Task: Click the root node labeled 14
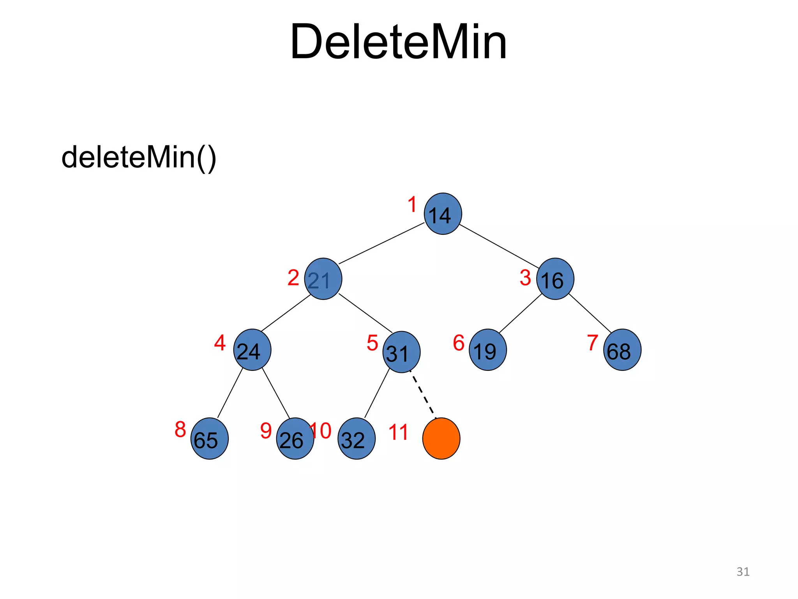click(x=443, y=214)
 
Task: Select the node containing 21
click(x=323, y=279)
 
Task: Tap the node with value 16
click(x=555, y=279)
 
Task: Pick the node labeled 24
click(x=252, y=350)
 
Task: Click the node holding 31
click(x=401, y=352)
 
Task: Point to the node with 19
click(x=487, y=350)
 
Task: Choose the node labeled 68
click(x=622, y=350)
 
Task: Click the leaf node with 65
click(x=209, y=439)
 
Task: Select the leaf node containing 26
click(x=295, y=439)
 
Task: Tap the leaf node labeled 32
click(x=357, y=439)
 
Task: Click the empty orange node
click(x=441, y=439)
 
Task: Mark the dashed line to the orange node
click(x=423, y=395)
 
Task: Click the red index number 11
click(x=398, y=432)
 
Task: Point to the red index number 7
click(x=593, y=343)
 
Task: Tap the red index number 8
click(x=180, y=429)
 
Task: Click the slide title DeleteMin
click(x=398, y=42)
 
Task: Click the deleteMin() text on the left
click(x=139, y=157)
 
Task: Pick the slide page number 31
click(x=743, y=572)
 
